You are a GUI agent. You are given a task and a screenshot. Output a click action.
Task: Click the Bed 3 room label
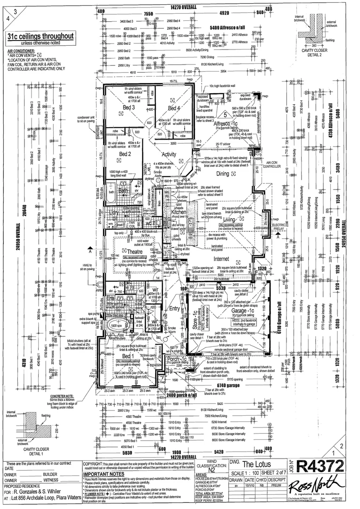coord(130,107)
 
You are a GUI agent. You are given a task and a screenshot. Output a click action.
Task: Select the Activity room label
coord(169,154)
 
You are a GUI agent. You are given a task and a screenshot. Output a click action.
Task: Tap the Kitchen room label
coord(179,213)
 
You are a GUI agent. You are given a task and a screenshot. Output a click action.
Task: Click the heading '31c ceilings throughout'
coord(41,36)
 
